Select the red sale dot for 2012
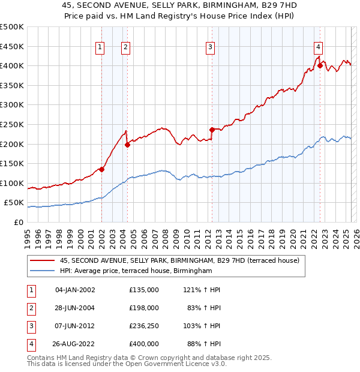(212, 129)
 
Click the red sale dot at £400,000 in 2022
(320, 66)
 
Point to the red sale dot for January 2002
(101, 169)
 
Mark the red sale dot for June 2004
(127, 145)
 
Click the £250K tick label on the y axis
(12, 124)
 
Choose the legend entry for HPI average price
(136, 271)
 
